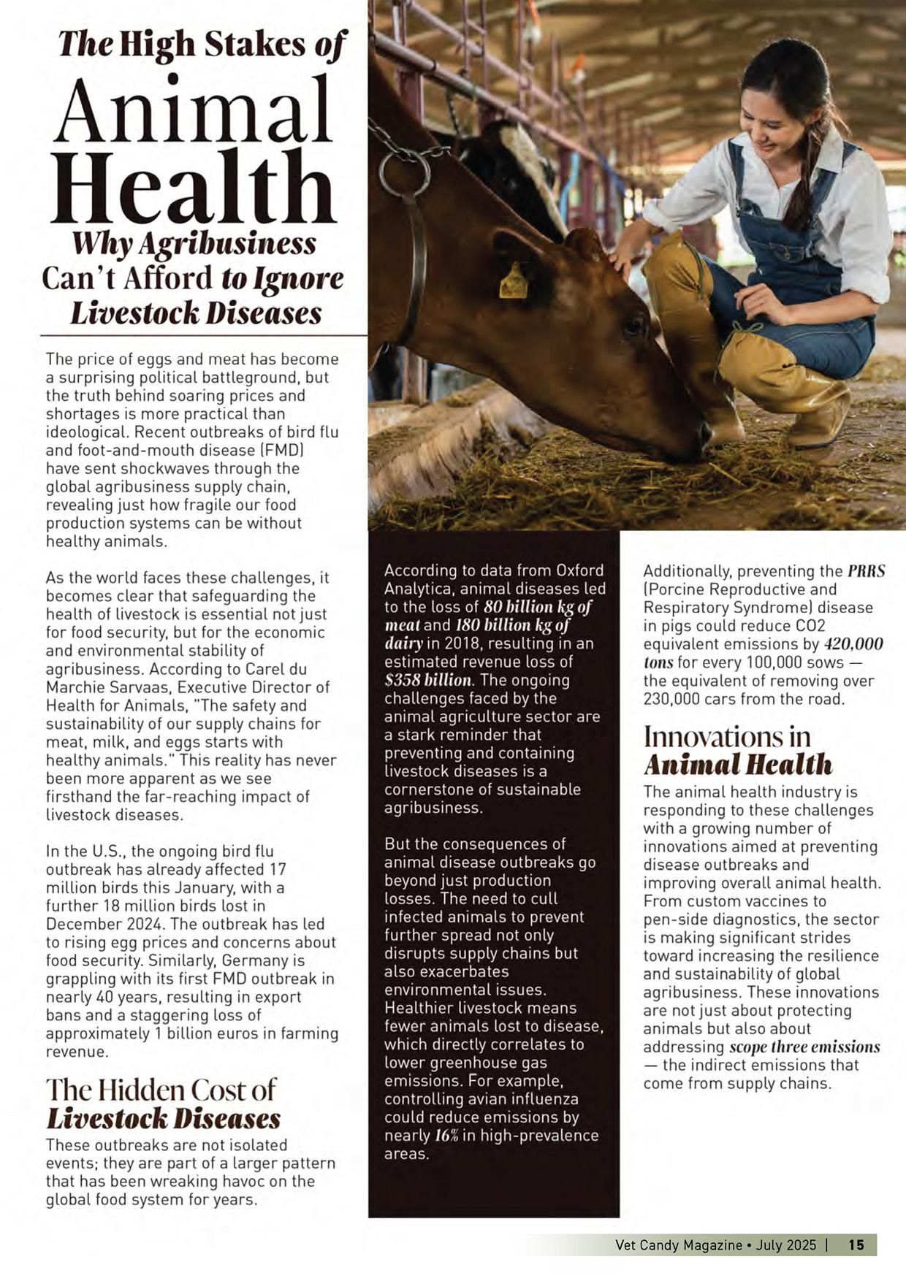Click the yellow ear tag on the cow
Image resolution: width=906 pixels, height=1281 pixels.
(514, 282)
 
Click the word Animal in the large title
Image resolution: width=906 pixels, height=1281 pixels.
(193, 110)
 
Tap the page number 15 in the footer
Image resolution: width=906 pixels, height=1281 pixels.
(856, 1244)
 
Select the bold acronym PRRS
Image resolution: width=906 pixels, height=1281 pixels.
(866, 571)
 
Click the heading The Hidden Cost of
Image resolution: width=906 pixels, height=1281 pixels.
(161, 1090)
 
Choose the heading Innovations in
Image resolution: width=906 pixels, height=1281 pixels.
(727, 737)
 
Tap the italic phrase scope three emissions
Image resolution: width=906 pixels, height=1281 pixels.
(804, 1047)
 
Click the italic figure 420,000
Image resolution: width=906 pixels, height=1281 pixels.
(853, 644)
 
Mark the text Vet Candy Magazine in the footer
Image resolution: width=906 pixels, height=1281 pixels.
(678, 1244)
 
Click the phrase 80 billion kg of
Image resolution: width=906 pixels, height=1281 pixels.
(537, 607)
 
